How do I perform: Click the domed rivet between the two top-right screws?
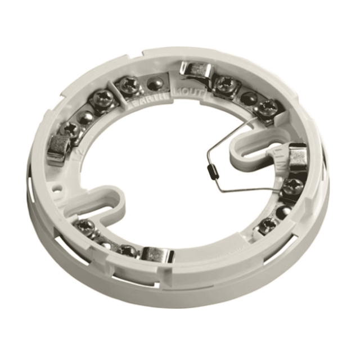click(x=248, y=96)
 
